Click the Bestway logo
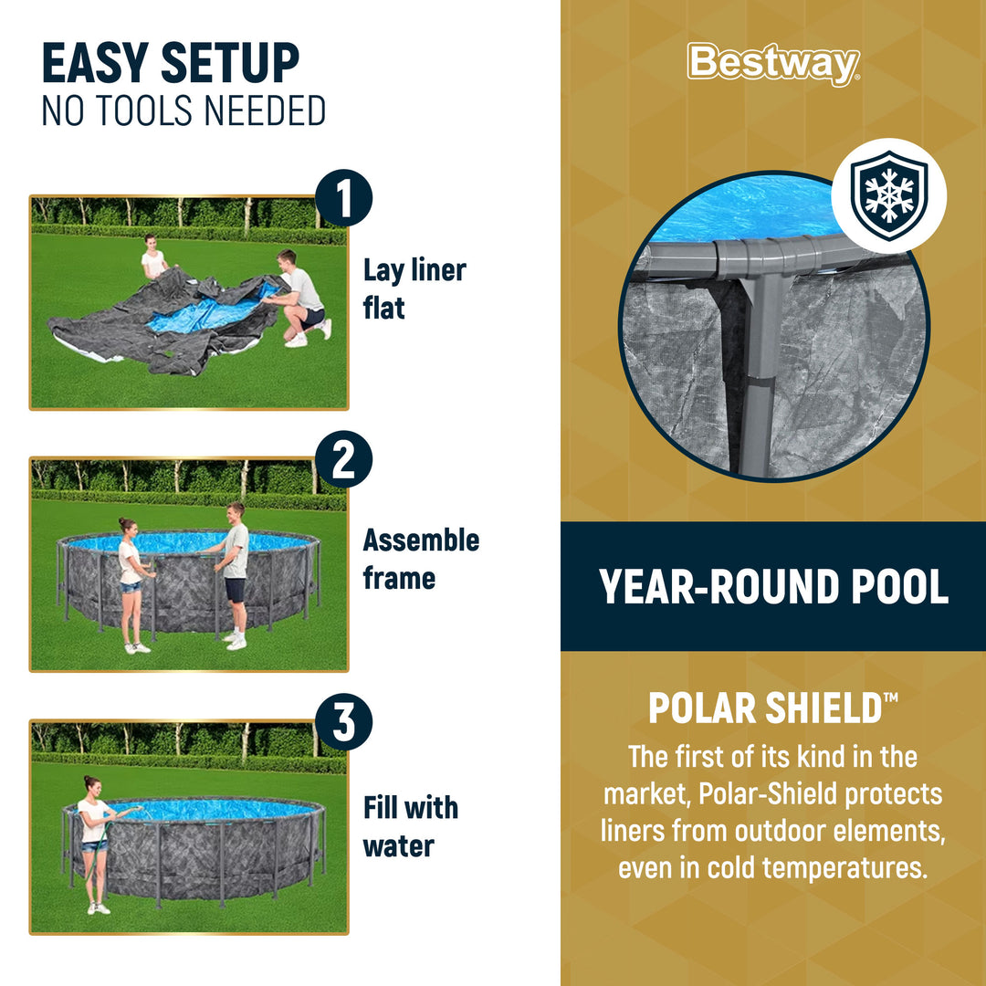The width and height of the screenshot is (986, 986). pos(773,64)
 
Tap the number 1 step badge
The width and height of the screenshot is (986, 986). pos(344,201)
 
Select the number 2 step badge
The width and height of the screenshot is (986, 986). pos(344,460)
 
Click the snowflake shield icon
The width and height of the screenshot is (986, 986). pos(888,195)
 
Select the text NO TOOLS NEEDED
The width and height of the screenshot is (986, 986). pos(184,111)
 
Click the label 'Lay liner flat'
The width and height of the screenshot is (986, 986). pos(414,288)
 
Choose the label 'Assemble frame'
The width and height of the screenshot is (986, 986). pos(421,558)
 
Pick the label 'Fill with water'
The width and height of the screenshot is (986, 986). pos(410,826)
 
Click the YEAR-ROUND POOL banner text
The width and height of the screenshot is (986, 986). pos(773,587)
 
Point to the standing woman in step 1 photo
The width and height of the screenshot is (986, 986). pos(154,258)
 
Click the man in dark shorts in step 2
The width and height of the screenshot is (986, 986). pos(235,573)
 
